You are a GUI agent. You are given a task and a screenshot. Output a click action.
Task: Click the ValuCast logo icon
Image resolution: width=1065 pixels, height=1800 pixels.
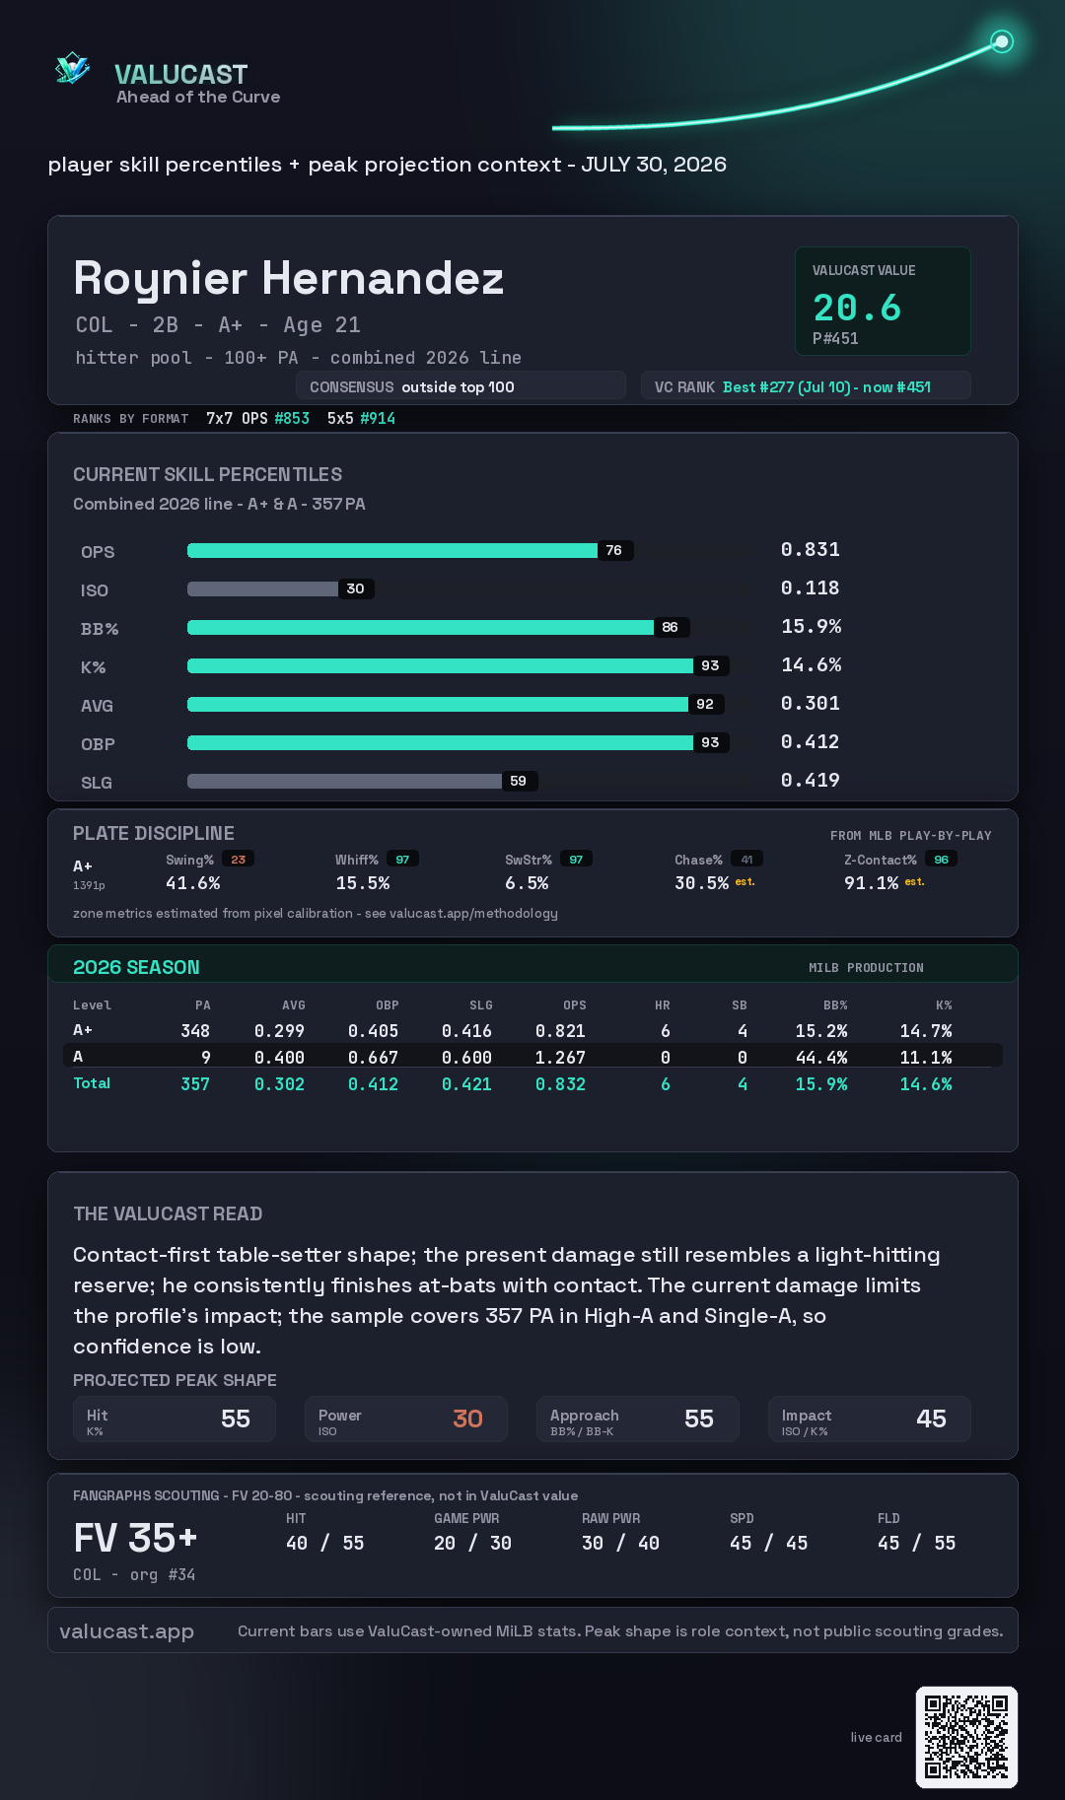coord(72,68)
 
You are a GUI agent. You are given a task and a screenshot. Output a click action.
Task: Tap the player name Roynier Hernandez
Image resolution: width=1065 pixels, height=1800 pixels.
coord(289,279)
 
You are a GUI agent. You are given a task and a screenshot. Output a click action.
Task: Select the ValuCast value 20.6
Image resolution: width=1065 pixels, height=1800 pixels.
coord(857,308)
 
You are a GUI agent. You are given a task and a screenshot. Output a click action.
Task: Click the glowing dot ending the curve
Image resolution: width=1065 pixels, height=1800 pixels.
coord(1002,41)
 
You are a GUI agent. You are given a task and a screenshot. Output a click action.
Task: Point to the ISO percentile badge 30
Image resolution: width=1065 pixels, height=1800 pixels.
coord(356,588)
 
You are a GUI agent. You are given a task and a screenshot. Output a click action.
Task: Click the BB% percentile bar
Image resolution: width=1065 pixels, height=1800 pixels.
coord(420,627)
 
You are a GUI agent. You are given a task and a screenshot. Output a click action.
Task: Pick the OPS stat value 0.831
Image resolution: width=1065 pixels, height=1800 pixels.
coord(811,550)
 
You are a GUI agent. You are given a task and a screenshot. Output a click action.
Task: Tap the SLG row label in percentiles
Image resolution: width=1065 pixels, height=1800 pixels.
coord(97,783)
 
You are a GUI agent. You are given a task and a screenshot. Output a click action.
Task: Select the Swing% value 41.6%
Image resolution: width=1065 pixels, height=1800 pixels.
coord(193,883)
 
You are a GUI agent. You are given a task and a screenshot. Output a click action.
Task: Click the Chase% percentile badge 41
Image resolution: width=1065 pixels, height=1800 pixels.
coord(746,860)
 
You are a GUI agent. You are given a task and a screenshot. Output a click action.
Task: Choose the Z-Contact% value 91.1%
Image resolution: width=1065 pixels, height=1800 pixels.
coord(872,883)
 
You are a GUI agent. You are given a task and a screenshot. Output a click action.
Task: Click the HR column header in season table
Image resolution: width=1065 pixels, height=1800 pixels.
coord(663,1005)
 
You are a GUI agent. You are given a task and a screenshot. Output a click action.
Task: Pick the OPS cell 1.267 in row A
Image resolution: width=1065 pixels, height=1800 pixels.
coord(560,1058)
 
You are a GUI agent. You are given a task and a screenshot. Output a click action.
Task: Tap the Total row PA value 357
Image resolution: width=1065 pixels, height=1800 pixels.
coord(195,1084)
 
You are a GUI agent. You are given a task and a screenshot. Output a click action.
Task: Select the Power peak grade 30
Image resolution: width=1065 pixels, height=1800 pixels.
coord(467,1419)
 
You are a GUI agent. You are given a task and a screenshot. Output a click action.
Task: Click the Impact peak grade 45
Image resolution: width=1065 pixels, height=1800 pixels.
coord(931,1419)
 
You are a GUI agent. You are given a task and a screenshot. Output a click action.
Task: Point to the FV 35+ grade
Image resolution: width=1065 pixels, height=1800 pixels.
coord(136,1538)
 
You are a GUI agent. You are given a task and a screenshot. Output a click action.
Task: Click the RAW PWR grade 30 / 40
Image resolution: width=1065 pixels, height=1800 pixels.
coord(620,1544)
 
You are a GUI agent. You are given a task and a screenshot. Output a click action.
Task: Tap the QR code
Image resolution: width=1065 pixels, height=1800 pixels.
coord(966,1737)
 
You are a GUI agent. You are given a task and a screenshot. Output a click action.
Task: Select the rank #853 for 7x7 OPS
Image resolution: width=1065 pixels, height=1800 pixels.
coord(292,418)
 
